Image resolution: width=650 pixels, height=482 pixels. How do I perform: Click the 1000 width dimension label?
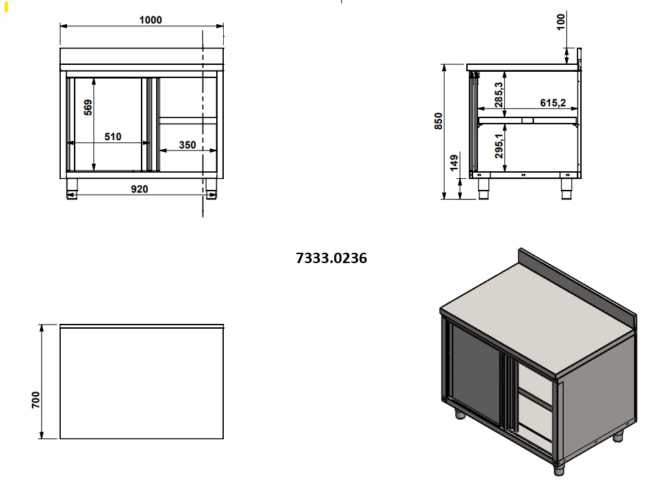click(151, 20)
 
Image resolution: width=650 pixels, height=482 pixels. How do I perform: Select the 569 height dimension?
click(88, 107)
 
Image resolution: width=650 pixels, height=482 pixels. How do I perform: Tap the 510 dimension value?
click(113, 136)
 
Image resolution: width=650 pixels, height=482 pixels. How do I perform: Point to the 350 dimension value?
click(187, 144)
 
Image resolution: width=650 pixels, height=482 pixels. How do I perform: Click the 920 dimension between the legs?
click(140, 189)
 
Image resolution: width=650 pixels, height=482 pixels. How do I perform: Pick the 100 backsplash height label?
click(560, 22)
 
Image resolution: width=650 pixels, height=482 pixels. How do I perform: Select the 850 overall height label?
click(438, 121)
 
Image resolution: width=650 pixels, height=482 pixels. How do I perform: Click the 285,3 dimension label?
click(499, 95)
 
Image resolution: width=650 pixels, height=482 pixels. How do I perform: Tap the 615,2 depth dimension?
click(553, 102)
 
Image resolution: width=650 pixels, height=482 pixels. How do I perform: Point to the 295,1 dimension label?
click(499, 146)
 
